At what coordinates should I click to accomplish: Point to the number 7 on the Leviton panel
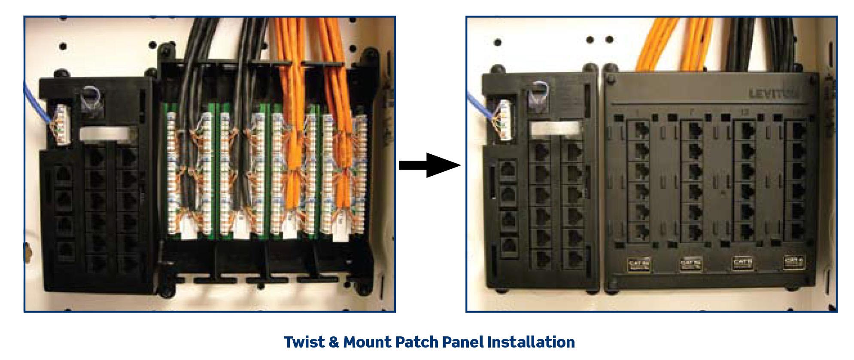coord(690,113)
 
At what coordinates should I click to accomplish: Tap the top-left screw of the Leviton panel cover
coord(611,79)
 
